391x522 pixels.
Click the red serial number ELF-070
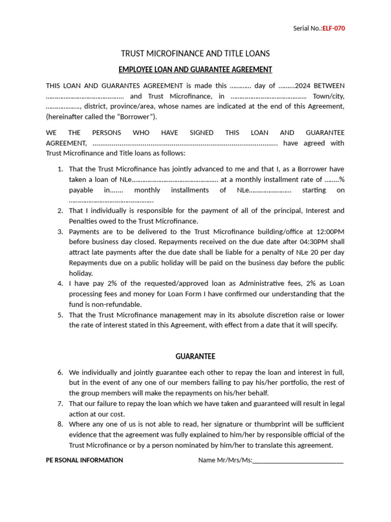click(x=333, y=29)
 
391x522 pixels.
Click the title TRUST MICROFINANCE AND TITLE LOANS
click(x=195, y=54)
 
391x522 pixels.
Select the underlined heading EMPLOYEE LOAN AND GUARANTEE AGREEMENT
click(x=195, y=69)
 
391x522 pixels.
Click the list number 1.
click(x=60, y=169)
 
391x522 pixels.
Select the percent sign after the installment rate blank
click(x=342, y=179)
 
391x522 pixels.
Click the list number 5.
click(x=60, y=315)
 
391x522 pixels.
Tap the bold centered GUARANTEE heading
click(x=195, y=356)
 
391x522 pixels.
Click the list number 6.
click(x=60, y=372)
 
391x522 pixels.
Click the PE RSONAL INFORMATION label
click(x=85, y=460)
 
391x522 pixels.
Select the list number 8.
click(x=60, y=424)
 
